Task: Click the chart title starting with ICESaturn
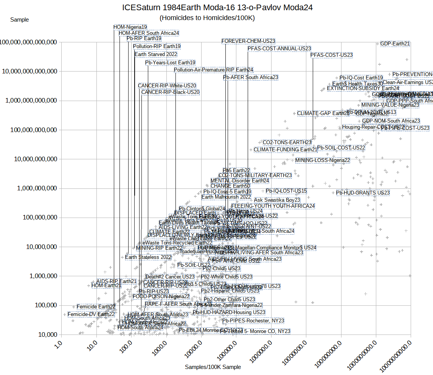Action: click(x=217, y=7)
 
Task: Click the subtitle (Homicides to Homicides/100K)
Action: click(x=207, y=18)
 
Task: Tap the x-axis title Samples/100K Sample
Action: click(x=213, y=367)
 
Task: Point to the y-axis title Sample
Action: click(x=19, y=20)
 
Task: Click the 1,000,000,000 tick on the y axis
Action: click(x=37, y=188)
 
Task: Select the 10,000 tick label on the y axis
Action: click(x=45, y=335)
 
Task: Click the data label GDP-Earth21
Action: click(x=395, y=44)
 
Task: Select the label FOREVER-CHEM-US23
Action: click(x=248, y=41)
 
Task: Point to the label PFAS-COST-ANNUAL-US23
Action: click(x=279, y=48)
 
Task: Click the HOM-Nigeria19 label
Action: click(x=130, y=27)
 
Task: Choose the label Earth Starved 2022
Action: click(x=156, y=54)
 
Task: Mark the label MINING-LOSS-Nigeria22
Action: click(x=323, y=160)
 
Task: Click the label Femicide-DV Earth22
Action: click(x=91, y=314)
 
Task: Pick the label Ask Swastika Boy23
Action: click(x=277, y=200)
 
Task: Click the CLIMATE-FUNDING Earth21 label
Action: click(x=286, y=149)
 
